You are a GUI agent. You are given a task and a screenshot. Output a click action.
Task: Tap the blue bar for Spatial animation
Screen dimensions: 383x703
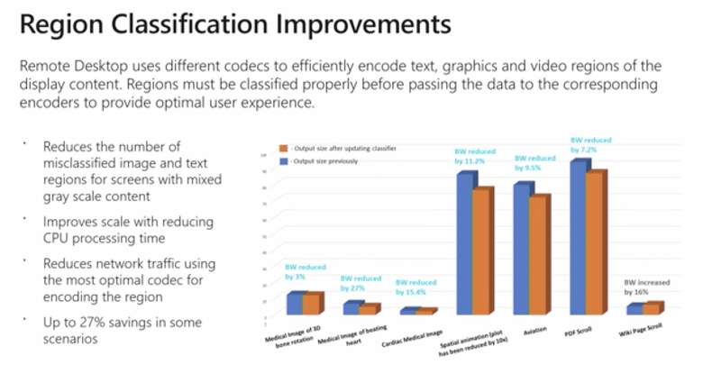(x=465, y=243)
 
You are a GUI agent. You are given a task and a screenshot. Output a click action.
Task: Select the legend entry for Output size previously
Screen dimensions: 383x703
(x=320, y=161)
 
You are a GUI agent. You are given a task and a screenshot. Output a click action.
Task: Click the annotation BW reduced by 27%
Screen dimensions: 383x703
(x=361, y=284)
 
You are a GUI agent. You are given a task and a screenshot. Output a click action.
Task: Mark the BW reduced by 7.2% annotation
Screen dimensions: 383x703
(x=590, y=144)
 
